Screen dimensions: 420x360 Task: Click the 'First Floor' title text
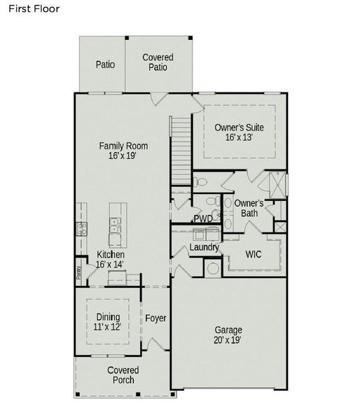(34, 9)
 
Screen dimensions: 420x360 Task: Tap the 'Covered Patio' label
(158, 62)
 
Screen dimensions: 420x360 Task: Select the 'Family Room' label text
(123, 146)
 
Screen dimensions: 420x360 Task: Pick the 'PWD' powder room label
(203, 219)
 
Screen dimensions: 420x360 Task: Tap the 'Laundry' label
(205, 247)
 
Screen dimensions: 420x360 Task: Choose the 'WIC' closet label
(253, 254)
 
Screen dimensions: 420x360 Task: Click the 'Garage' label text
(228, 330)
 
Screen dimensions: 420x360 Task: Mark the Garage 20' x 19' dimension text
(228, 340)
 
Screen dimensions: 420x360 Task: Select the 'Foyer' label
(155, 318)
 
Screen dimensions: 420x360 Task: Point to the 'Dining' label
(107, 316)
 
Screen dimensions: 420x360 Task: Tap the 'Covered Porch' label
(123, 374)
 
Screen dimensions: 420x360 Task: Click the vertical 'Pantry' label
(78, 270)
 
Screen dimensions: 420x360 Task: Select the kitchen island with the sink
(116, 223)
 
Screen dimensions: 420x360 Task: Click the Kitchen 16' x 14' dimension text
(110, 265)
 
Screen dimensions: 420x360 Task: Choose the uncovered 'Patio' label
(105, 64)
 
